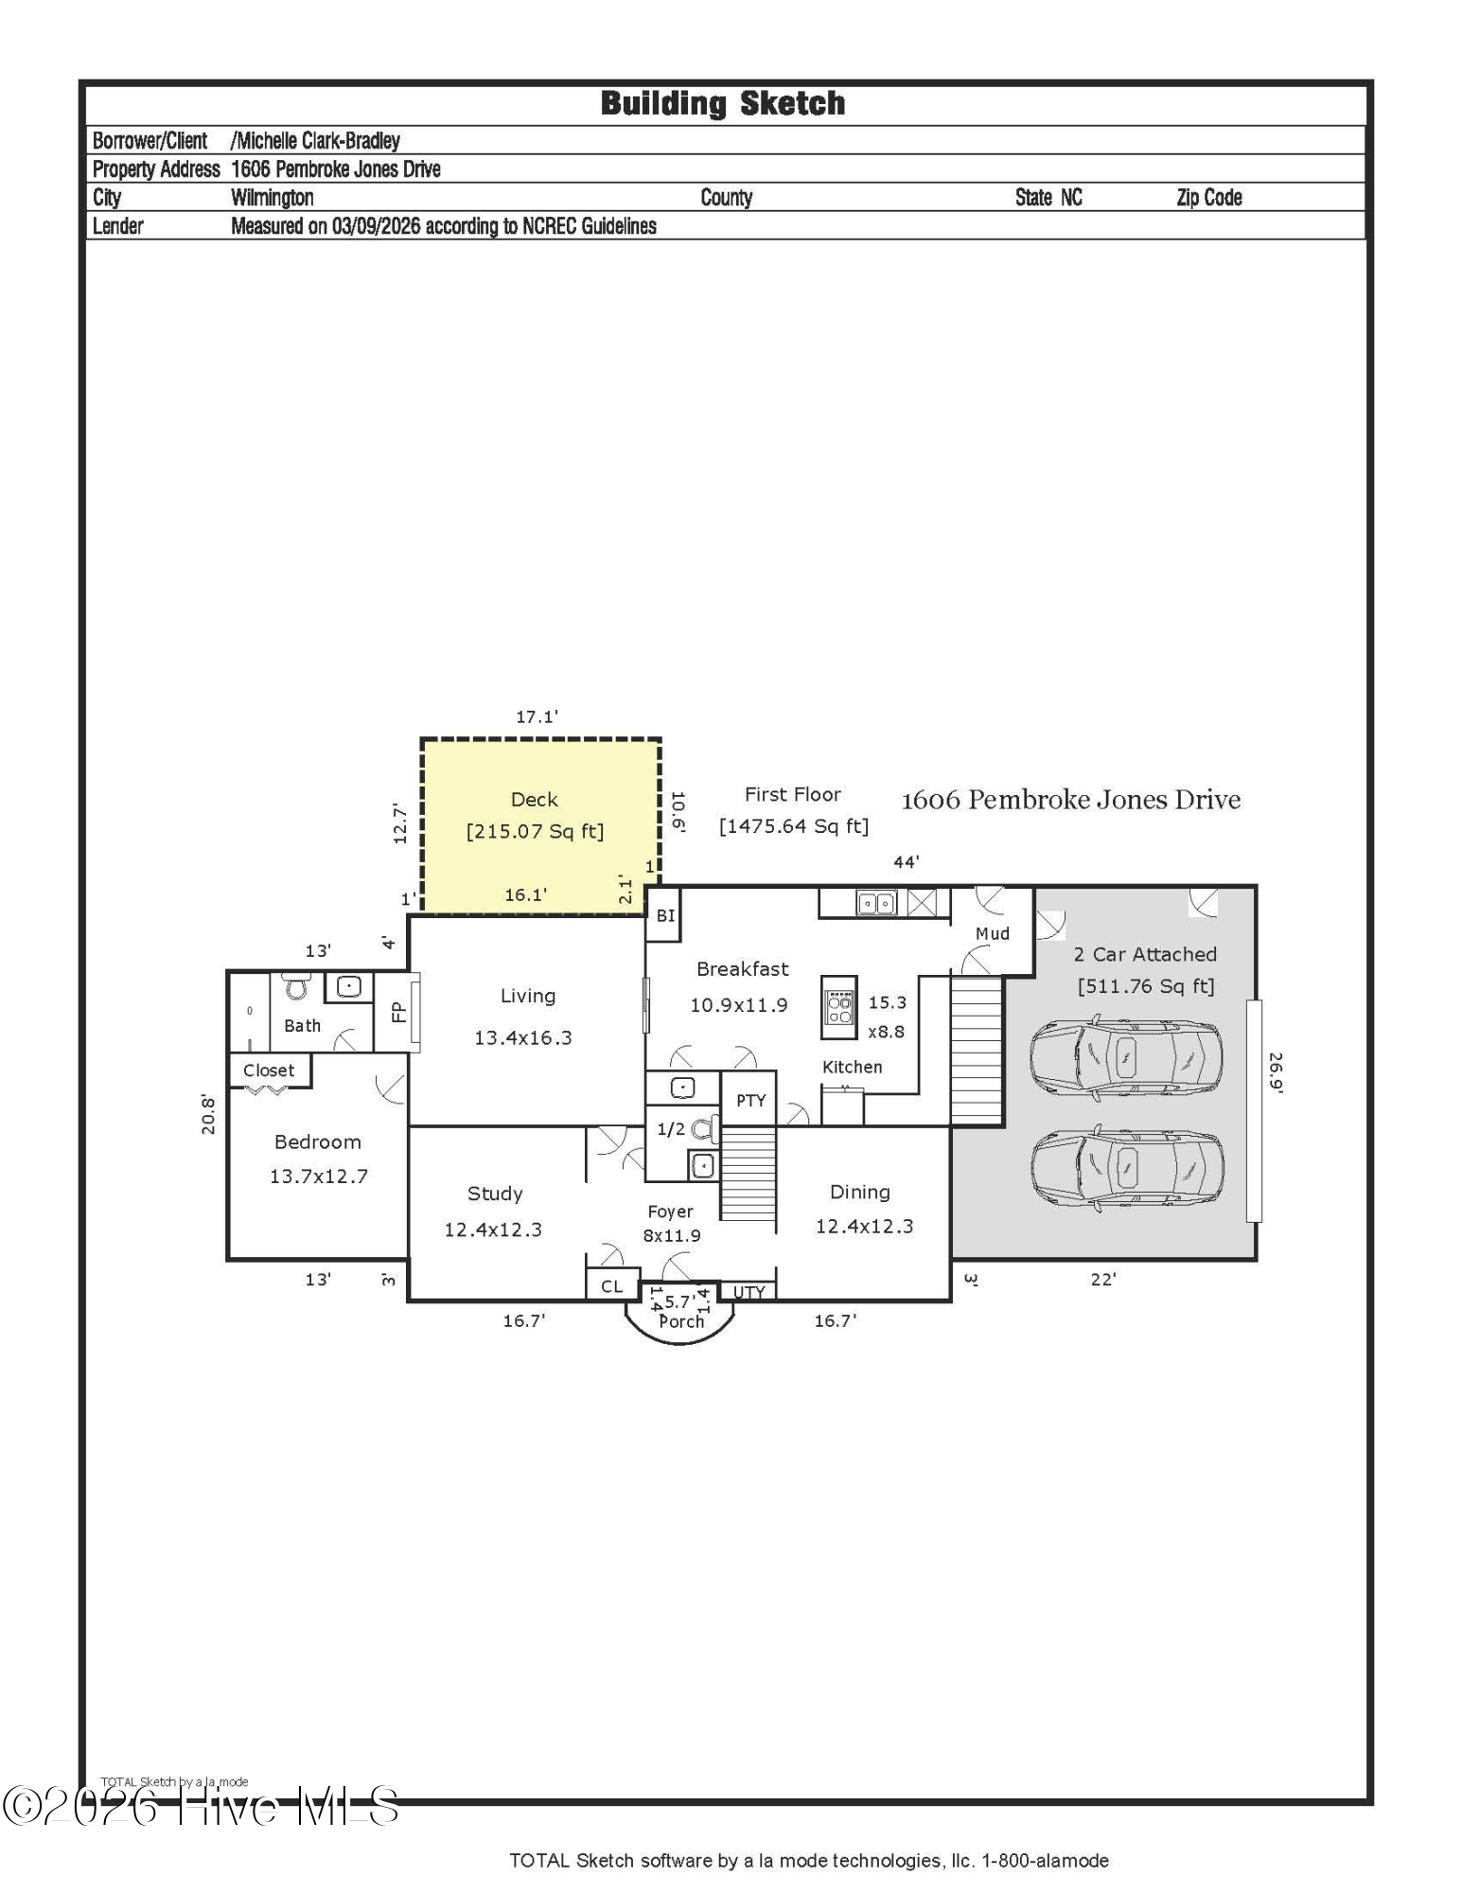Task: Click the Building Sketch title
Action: tap(723, 103)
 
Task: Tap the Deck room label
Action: tap(535, 800)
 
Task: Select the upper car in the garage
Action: tap(1126, 1057)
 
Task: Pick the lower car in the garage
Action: tap(1126, 1168)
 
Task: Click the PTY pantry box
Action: tap(749, 1099)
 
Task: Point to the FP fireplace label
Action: tap(398, 1012)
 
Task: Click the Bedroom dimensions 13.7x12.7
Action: tap(319, 1176)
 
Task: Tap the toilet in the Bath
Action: tap(298, 986)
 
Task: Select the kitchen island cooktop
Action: tap(839, 1007)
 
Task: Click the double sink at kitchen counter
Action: tap(876, 903)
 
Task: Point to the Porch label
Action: tap(681, 1321)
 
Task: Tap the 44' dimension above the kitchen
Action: tap(907, 862)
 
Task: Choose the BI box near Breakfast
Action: tap(665, 915)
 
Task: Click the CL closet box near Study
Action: tap(612, 1286)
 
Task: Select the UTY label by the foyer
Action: tap(749, 1292)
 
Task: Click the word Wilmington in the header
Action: tap(273, 198)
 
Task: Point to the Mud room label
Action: tap(993, 933)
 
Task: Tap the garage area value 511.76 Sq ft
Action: tap(1146, 986)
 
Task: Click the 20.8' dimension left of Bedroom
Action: tap(209, 1114)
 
